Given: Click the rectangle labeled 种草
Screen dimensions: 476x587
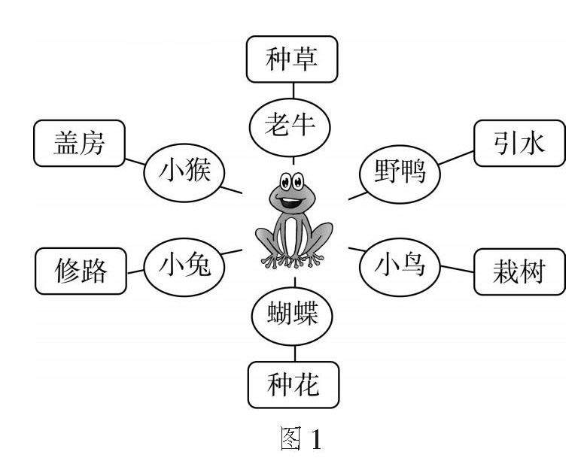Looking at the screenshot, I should pos(293,60).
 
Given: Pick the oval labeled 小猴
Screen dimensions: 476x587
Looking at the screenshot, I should pos(181,173).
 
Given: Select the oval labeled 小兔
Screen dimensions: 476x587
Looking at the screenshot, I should pos(181,264).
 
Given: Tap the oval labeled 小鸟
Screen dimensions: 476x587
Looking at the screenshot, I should pos(400,265).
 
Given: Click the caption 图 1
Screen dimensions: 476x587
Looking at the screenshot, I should pos(293,438).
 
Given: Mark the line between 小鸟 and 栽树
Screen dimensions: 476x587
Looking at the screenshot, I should pos(456,269).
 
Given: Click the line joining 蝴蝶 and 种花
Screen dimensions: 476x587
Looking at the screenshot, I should pos(293,350).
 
